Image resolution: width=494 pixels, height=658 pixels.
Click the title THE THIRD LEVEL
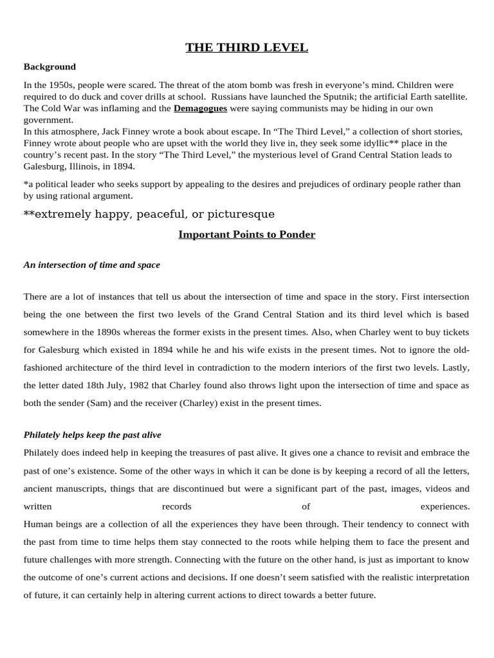pos(247,48)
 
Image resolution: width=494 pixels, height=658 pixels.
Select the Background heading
pos(50,67)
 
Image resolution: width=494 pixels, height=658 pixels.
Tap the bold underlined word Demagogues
pos(200,109)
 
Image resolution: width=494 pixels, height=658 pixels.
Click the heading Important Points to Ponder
pos(247,235)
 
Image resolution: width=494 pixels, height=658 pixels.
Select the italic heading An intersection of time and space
pos(92,265)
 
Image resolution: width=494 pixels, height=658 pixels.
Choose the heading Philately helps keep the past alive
pos(92,435)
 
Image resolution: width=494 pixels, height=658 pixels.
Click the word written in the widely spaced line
pos(38,506)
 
